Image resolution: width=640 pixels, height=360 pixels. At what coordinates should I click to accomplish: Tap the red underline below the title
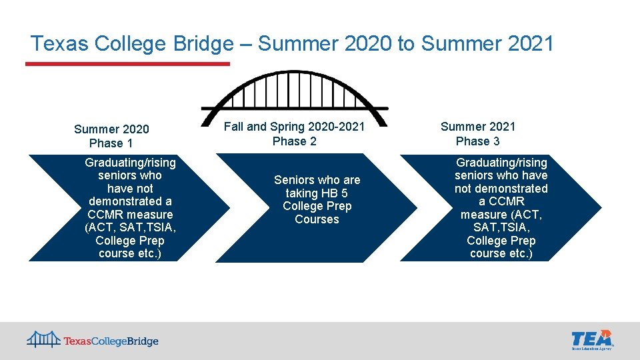coord(127,64)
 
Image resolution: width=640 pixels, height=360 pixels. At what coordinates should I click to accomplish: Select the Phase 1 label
coord(111,143)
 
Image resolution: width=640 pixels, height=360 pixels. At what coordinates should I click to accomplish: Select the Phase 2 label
coord(294,141)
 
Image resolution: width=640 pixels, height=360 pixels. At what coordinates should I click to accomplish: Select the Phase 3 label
coord(477,141)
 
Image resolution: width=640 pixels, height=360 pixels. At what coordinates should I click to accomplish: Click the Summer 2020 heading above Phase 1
coord(111,129)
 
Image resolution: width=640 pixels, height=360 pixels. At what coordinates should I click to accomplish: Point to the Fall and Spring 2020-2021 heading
coord(294,127)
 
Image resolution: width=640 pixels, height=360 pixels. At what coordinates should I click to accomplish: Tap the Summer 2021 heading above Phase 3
coord(478,127)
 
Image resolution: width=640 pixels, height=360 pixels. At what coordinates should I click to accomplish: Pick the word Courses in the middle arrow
coord(317,219)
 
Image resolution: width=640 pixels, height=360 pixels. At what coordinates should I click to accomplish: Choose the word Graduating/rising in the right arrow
coord(501,163)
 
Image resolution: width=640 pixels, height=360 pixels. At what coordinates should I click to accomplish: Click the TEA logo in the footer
coord(592,339)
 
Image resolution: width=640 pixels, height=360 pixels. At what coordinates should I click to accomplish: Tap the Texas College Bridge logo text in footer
coord(111,341)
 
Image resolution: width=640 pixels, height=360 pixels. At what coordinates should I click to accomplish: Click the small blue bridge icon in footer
coord(43,339)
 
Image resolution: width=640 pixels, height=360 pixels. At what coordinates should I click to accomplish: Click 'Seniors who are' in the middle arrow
coord(317,180)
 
